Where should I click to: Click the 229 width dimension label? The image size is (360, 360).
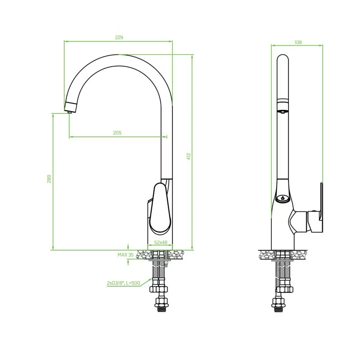119,37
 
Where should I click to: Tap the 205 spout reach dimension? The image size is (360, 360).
117,133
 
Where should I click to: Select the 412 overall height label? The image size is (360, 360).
189,156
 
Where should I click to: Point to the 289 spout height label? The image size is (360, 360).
49,179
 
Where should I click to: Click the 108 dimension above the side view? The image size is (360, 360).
298,42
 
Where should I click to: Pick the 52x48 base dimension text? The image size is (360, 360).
161,242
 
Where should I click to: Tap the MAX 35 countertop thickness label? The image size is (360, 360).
126,255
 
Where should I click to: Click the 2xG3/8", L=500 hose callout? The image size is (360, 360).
123,283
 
